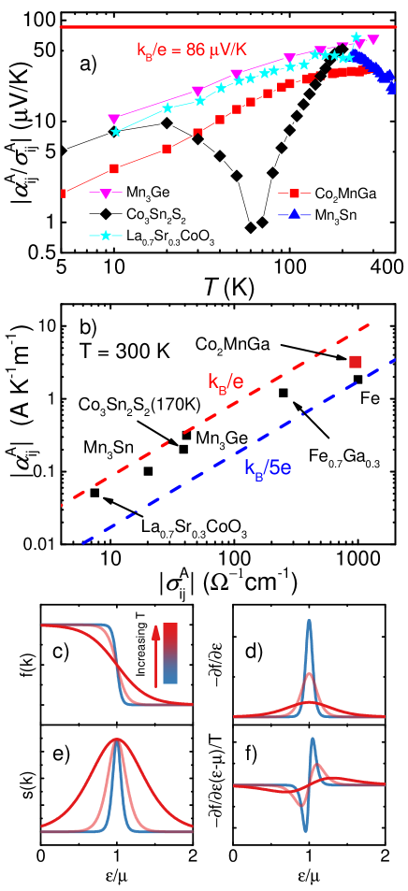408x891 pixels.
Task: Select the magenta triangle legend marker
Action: click(106, 194)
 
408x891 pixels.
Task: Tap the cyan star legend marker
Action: click(106, 236)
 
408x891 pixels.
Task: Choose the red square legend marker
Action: click(294, 194)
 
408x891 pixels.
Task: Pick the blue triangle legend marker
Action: click(294, 215)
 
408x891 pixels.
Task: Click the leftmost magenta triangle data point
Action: click(114, 119)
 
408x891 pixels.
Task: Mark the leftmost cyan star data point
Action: click(116, 132)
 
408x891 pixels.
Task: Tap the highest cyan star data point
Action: click(356, 36)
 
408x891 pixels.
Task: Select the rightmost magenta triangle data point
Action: click(373, 39)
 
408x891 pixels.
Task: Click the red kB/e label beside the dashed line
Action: click(226, 381)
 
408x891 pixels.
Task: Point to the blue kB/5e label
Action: click(268, 467)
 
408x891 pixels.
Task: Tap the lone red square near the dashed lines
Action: click(356, 362)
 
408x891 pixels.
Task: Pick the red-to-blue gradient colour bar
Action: click(170, 653)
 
